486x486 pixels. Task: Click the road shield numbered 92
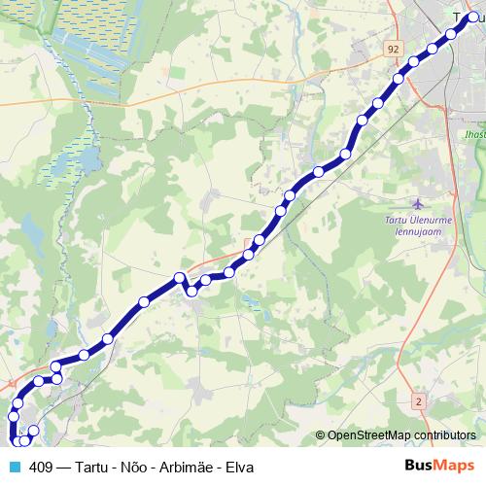[x=392, y=48]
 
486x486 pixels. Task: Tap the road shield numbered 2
[x=419, y=400]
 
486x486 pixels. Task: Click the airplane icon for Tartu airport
[x=418, y=205]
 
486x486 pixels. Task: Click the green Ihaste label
[x=474, y=133]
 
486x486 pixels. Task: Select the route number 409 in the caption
[x=42, y=468]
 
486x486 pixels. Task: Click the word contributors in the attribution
[x=444, y=436]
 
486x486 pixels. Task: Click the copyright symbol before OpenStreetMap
[x=321, y=436]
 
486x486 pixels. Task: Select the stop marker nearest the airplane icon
[x=345, y=155]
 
